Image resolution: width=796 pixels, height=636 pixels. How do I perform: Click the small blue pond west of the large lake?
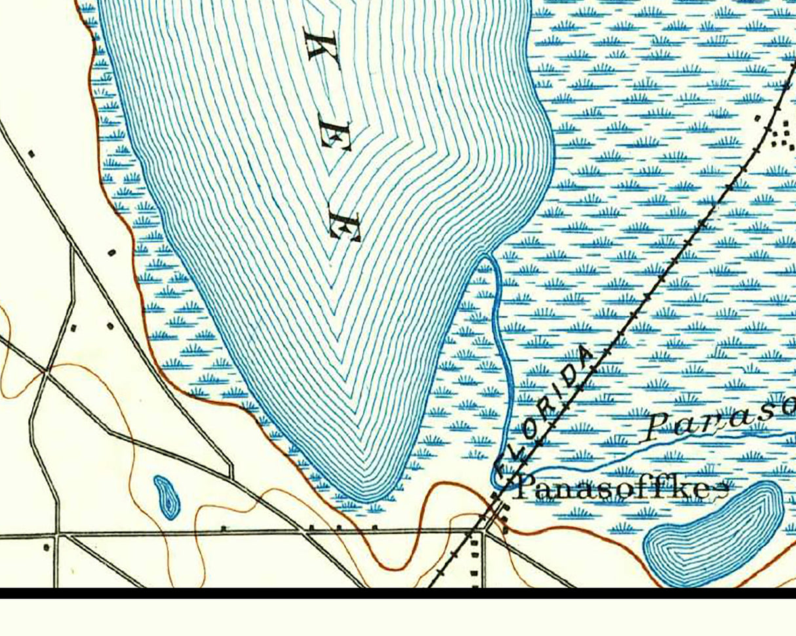point(168,497)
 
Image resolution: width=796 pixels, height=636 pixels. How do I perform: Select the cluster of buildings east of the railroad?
point(780,134)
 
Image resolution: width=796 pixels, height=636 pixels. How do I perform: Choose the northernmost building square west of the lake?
point(31,154)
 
